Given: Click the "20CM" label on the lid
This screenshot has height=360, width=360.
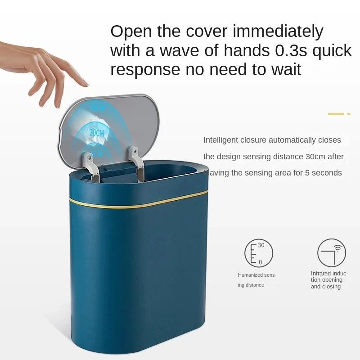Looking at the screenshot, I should coord(97,133).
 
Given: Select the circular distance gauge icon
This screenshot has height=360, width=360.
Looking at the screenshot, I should coord(259,252).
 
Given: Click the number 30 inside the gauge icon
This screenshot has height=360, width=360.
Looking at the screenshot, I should coord(261,245).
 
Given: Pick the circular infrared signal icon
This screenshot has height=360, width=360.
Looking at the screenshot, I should coord(332,252).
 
